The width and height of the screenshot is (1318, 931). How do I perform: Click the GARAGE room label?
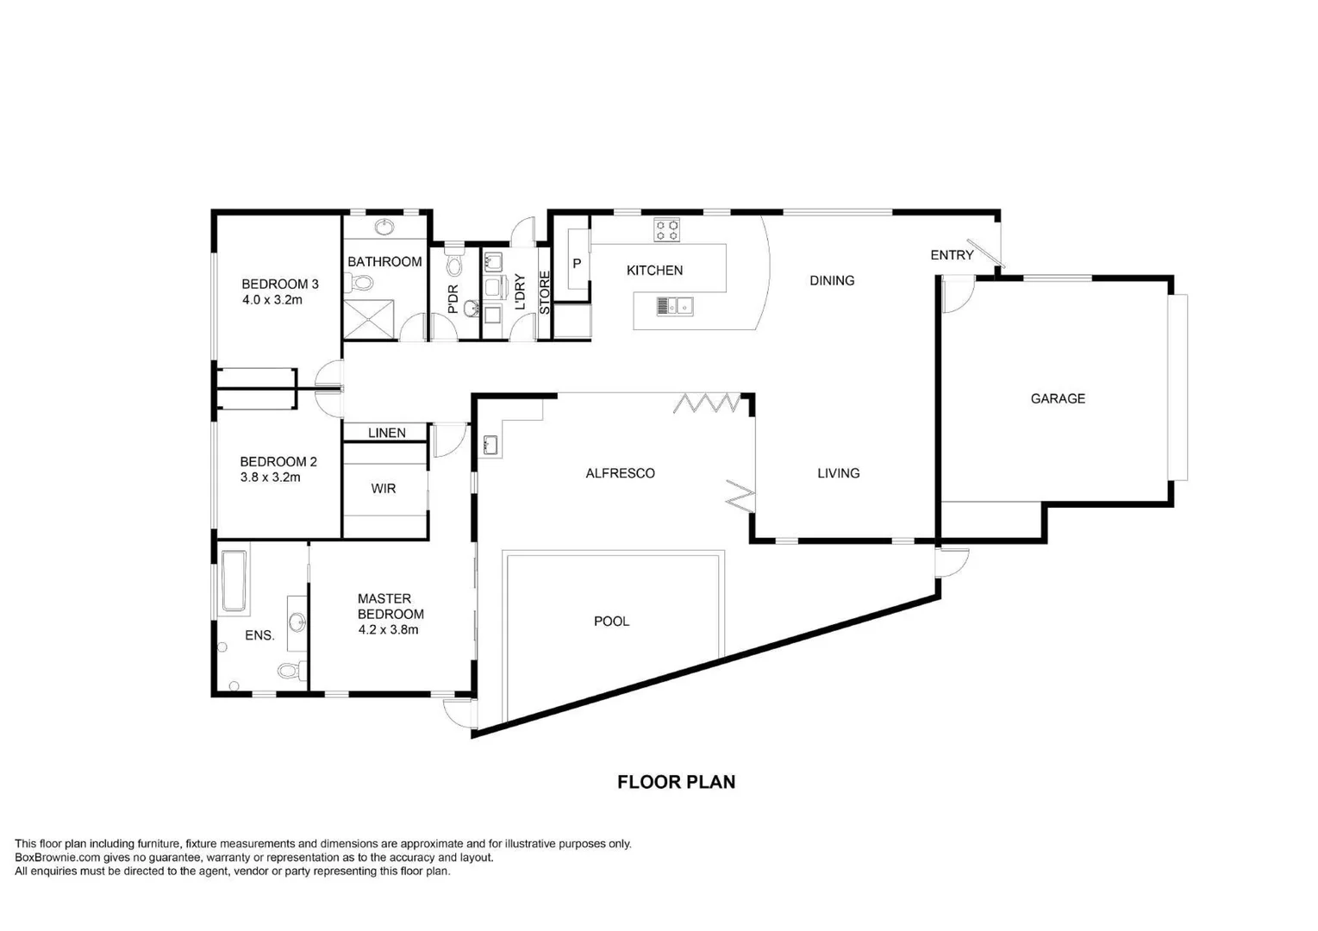(1058, 398)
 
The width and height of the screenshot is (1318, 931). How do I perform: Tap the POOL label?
(611, 621)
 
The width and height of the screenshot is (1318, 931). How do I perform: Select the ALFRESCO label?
(620, 473)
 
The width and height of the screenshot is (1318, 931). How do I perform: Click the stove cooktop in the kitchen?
(666, 230)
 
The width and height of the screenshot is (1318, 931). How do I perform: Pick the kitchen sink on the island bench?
(675, 305)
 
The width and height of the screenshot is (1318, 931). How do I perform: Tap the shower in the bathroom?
(369, 319)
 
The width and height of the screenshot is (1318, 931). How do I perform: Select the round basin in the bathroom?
(384, 227)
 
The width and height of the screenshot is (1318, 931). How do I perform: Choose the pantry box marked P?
(577, 264)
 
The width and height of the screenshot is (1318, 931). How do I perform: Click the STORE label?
(545, 293)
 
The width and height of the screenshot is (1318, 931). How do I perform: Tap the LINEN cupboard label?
(386, 433)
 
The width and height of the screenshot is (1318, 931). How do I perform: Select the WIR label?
(384, 489)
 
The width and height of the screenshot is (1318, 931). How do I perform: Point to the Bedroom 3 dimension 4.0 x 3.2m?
(272, 300)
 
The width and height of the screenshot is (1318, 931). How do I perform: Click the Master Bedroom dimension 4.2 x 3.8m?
(388, 629)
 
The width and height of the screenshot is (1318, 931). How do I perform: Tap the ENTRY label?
(952, 255)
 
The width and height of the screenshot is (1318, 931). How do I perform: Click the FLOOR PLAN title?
(676, 782)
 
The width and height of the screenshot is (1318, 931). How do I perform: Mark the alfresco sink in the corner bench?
(490, 446)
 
